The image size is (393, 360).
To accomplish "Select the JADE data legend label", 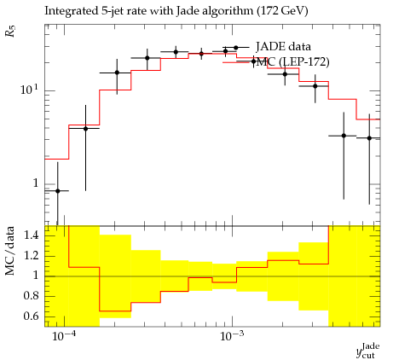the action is pyautogui.click(x=283, y=47).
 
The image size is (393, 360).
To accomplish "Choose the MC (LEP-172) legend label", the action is pyautogui.click(x=292, y=61).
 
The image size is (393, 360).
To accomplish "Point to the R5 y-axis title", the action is pyautogui.click(x=11, y=31).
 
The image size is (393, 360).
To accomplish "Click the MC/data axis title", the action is pyautogui.click(x=10, y=251).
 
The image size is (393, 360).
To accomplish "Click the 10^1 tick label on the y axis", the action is pyautogui.click(x=29, y=90).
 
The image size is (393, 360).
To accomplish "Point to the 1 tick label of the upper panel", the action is pyautogui.click(x=35, y=183).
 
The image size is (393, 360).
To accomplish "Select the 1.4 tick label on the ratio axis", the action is pyautogui.click(x=31, y=235).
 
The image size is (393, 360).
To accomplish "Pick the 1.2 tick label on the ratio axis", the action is pyautogui.click(x=31, y=256).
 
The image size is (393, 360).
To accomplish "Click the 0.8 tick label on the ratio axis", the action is pyautogui.click(x=31, y=296).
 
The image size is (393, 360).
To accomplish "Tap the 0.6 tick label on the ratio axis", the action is pyautogui.click(x=31, y=316).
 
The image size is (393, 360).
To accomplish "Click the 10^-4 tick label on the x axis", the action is pyautogui.click(x=64, y=336).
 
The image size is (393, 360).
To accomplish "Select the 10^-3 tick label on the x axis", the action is pyautogui.click(x=231, y=336).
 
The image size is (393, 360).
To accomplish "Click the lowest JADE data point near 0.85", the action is pyautogui.click(x=58, y=191).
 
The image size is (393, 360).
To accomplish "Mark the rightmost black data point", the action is pyautogui.click(x=369, y=138).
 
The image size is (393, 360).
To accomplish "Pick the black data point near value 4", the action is pyautogui.click(x=86, y=129).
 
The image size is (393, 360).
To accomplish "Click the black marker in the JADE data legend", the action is pyautogui.click(x=235, y=48).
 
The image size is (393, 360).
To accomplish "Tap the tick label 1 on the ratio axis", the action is pyautogui.click(x=35, y=276).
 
